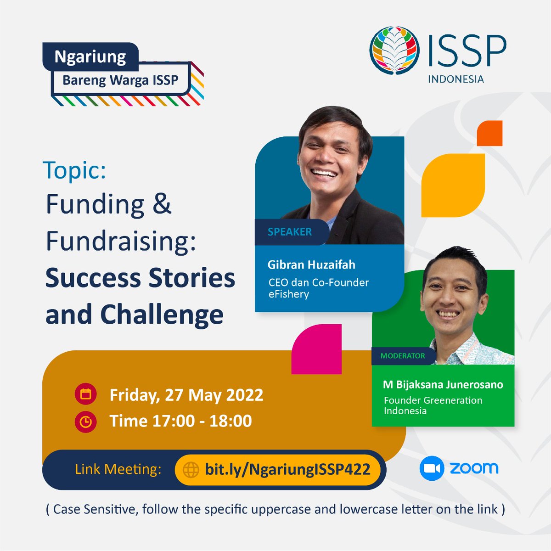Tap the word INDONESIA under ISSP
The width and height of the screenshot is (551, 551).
click(x=455, y=79)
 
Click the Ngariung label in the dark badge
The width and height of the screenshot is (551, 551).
click(x=90, y=56)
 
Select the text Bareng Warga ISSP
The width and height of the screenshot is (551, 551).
click(x=120, y=80)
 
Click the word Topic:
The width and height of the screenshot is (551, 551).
click(x=74, y=170)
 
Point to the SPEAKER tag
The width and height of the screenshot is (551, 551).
click(x=289, y=232)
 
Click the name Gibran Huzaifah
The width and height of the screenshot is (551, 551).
click(x=311, y=264)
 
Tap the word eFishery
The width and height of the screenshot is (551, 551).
click(x=288, y=294)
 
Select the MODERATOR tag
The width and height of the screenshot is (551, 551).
click(x=402, y=356)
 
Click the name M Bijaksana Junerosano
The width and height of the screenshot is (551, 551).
click(x=443, y=384)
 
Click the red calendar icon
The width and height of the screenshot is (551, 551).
click(x=85, y=394)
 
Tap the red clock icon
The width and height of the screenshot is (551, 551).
click(x=85, y=421)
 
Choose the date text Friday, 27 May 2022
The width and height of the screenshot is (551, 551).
click(x=186, y=395)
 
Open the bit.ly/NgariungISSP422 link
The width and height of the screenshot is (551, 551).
click(x=287, y=469)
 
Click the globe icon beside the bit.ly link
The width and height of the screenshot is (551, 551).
click(x=191, y=470)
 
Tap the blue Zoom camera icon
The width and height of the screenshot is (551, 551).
click(x=432, y=468)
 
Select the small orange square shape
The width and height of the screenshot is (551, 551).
click(x=489, y=133)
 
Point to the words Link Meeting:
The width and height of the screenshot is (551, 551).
click(x=118, y=469)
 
